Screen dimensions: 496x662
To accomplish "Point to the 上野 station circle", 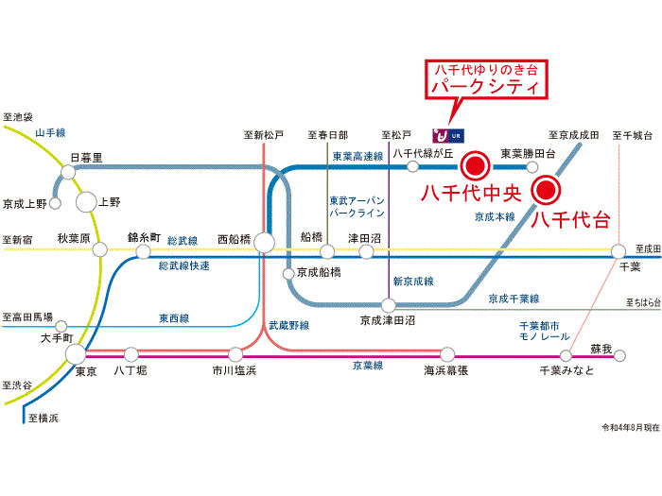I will coord(86,200).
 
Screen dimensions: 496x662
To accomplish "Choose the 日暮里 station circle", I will coord(68,172).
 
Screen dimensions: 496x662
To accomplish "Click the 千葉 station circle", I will coord(618,251).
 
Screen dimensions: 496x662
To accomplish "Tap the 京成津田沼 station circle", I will coord(388,305).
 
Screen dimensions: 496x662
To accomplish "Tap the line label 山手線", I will coord(57,133).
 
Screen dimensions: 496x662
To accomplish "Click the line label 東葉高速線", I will coord(357,157).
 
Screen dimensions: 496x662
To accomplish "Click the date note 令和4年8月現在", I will coord(621,428).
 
